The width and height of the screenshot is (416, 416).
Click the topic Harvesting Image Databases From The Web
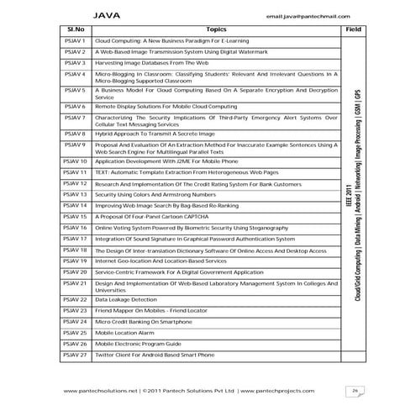[149, 63]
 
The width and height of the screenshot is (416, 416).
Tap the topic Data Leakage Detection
[126, 299]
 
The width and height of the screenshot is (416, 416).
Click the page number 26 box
[356, 391]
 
